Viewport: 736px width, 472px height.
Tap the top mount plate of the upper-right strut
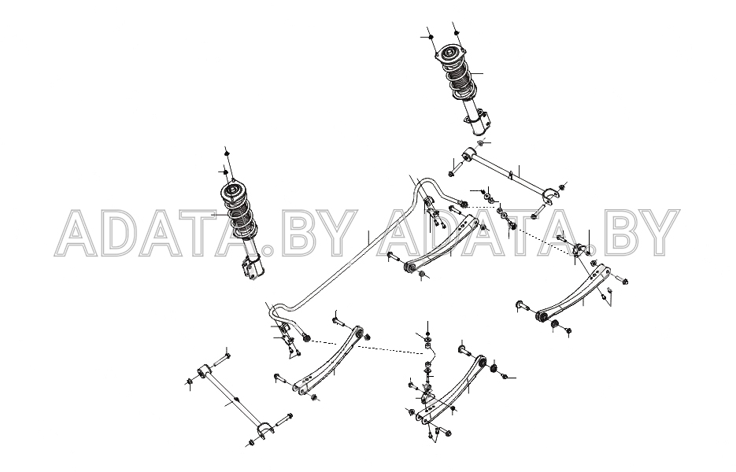pyautogui.click(x=449, y=57)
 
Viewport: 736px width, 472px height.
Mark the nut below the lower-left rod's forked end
pyautogui.click(x=251, y=443)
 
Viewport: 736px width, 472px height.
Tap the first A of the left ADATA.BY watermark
pyautogui.click(x=80, y=233)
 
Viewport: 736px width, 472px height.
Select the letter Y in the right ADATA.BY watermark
pyautogui.click(x=658, y=233)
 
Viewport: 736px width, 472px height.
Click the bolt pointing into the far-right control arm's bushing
pyautogui.click(x=522, y=305)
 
